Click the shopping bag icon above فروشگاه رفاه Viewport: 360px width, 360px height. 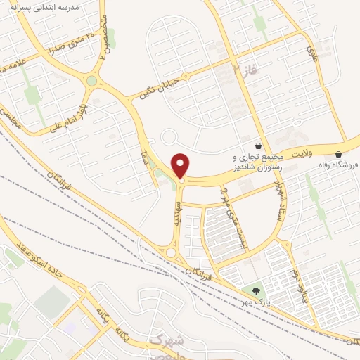tap(339, 154)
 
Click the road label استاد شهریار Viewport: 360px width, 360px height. tap(279, 195)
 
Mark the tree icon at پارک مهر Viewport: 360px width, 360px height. tap(255, 290)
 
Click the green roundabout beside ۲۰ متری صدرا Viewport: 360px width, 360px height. tap(91, 81)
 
